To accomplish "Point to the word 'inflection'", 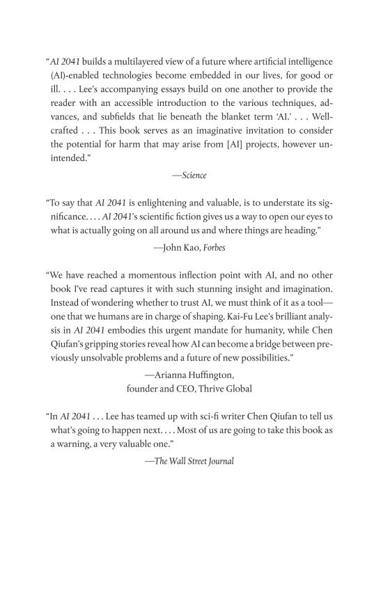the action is point(212,274).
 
